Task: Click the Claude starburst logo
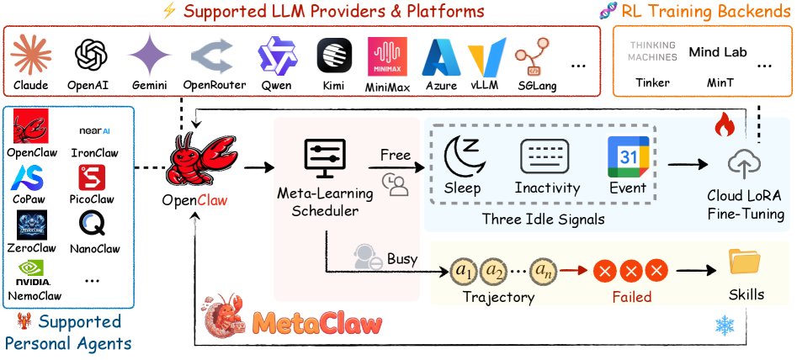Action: (32, 56)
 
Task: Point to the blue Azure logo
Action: (441, 58)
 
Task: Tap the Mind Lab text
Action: (716, 51)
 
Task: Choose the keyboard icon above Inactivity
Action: (546, 156)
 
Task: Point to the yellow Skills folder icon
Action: (743, 263)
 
